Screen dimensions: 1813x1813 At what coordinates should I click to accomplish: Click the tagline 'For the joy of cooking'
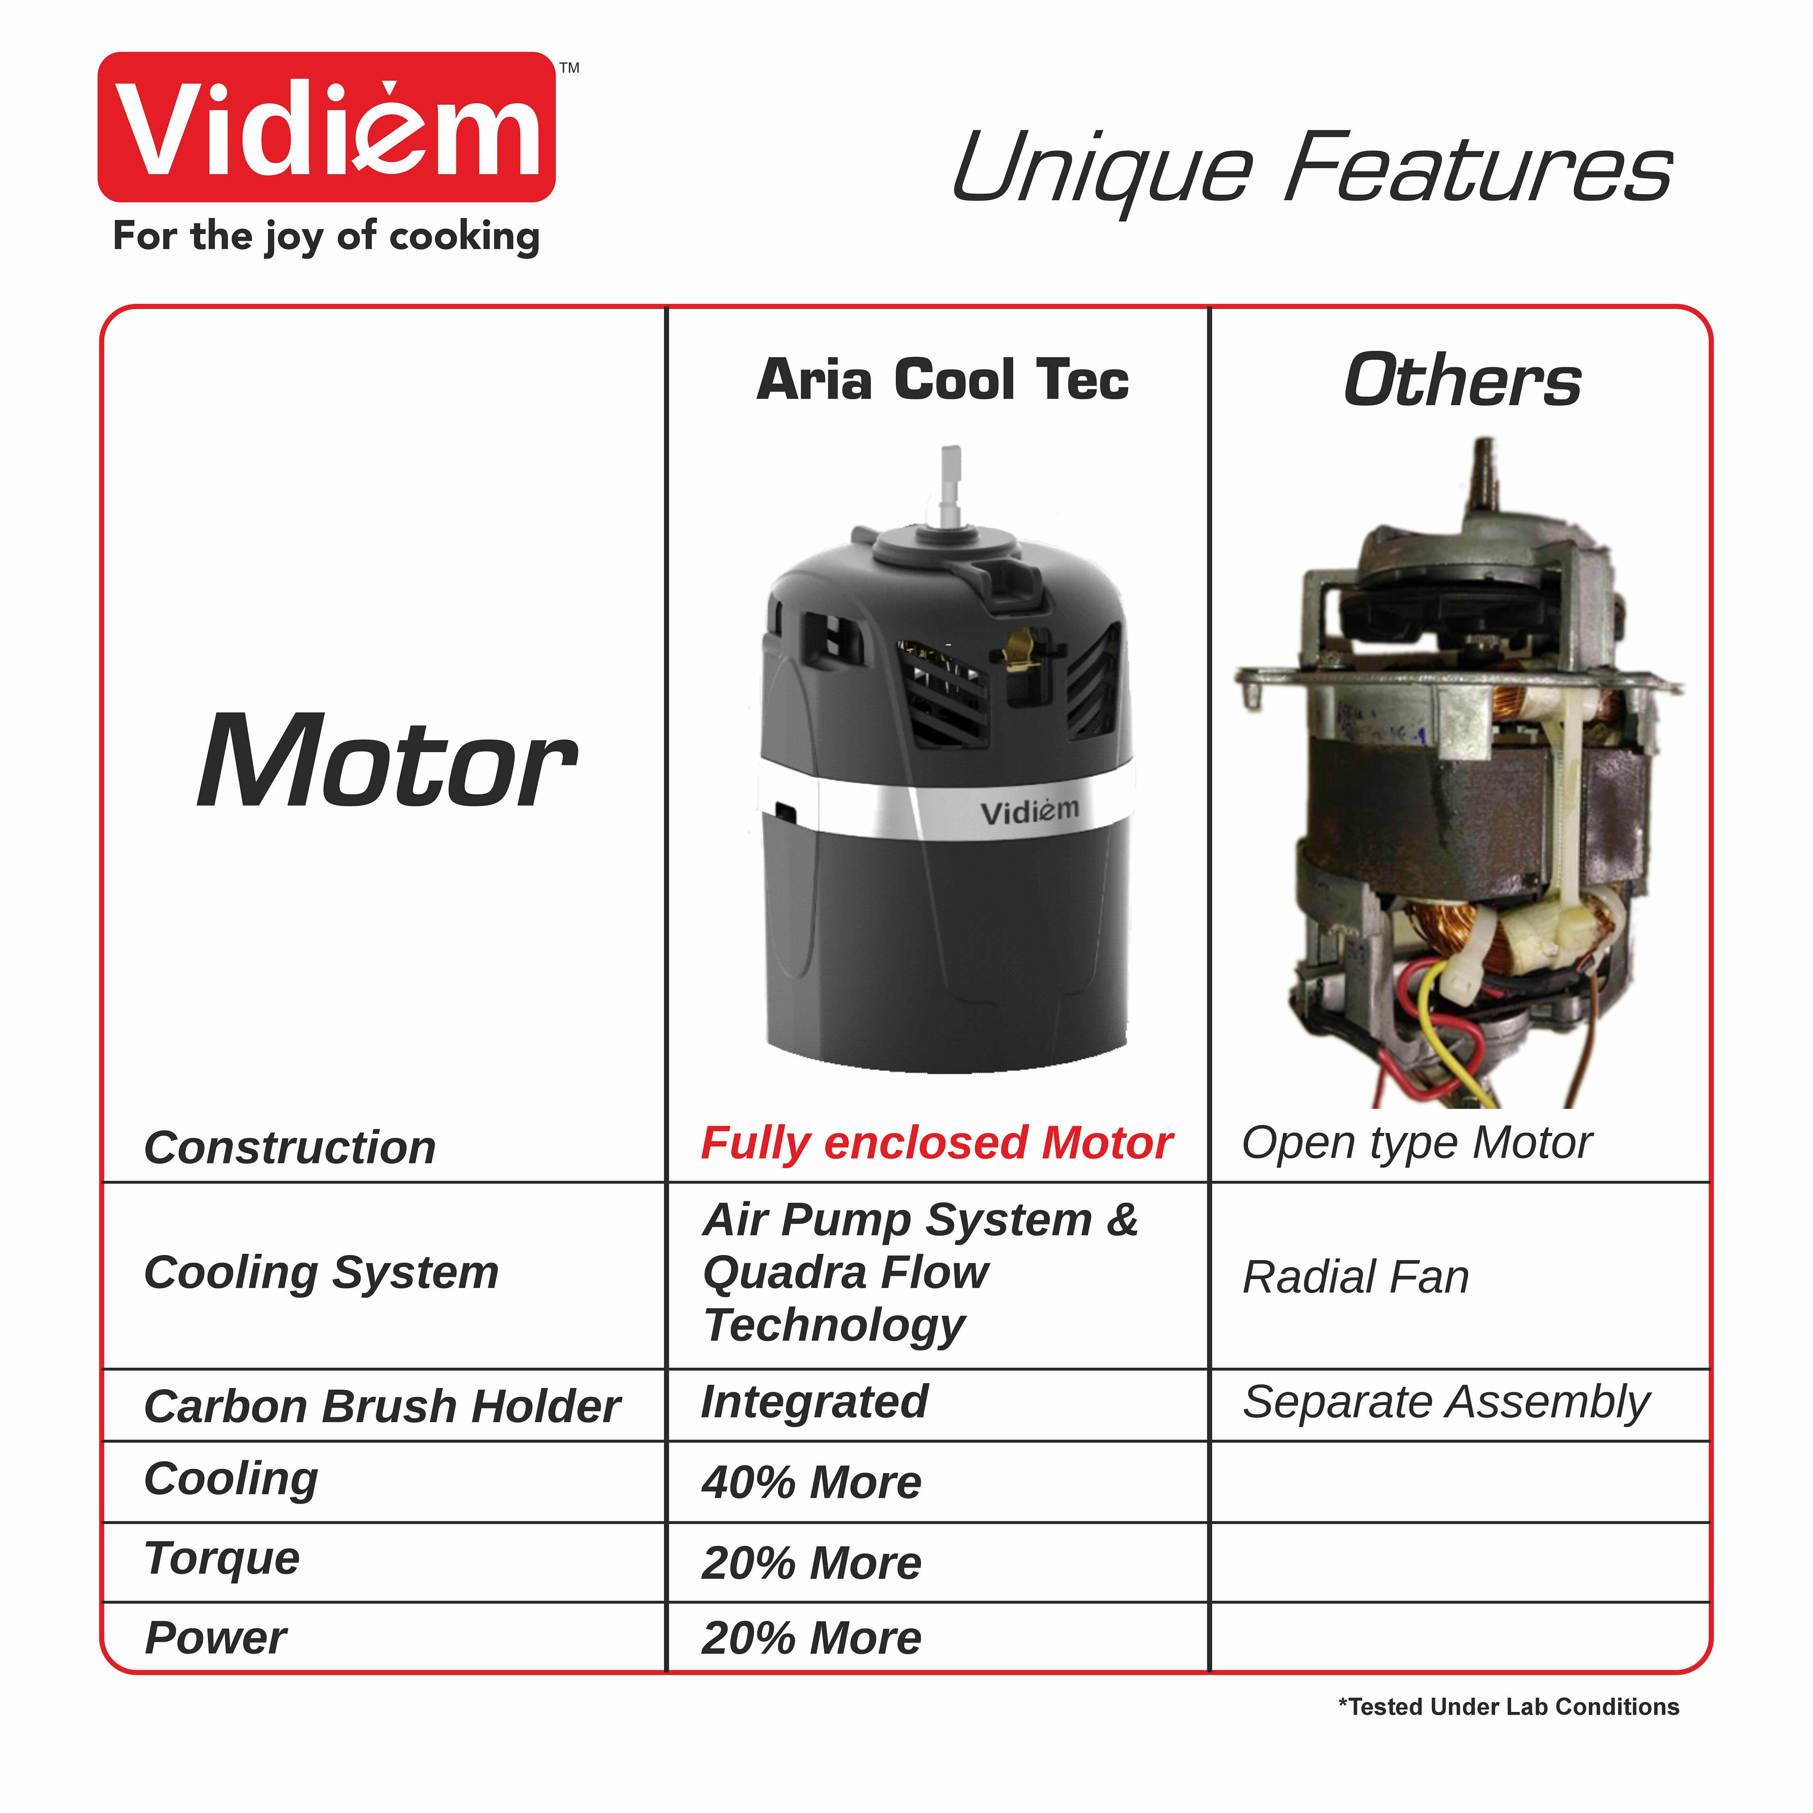click(x=327, y=236)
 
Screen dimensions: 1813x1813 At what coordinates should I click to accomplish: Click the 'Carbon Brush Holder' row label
click(x=382, y=1406)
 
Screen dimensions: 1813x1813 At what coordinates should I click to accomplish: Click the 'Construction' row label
click(x=290, y=1148)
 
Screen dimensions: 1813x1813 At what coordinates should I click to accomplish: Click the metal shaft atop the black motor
click(x=950, y=488)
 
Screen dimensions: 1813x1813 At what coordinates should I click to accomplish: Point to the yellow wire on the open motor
click(x=1450, y=1032)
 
